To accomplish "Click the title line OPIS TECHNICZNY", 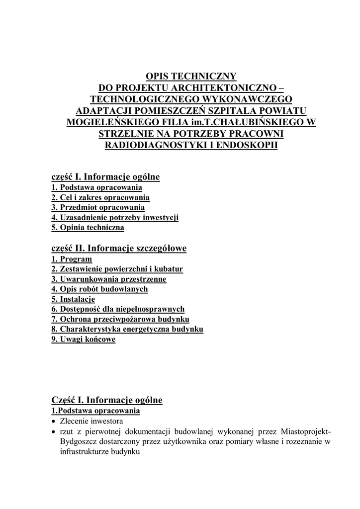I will [190, 76].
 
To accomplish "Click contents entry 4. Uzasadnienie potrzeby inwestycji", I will [115, 218].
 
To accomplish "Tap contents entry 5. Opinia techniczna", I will [88, 228].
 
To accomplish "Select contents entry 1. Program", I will [72, 259].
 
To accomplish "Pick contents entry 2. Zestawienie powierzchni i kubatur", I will [117, 269].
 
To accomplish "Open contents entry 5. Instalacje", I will [73, 299].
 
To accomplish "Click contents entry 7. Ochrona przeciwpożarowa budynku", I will [120, 319].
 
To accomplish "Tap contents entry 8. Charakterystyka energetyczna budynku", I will [127, 329].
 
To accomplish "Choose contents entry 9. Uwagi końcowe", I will [83, 339].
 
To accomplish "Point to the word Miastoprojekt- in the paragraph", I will [306, 430].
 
